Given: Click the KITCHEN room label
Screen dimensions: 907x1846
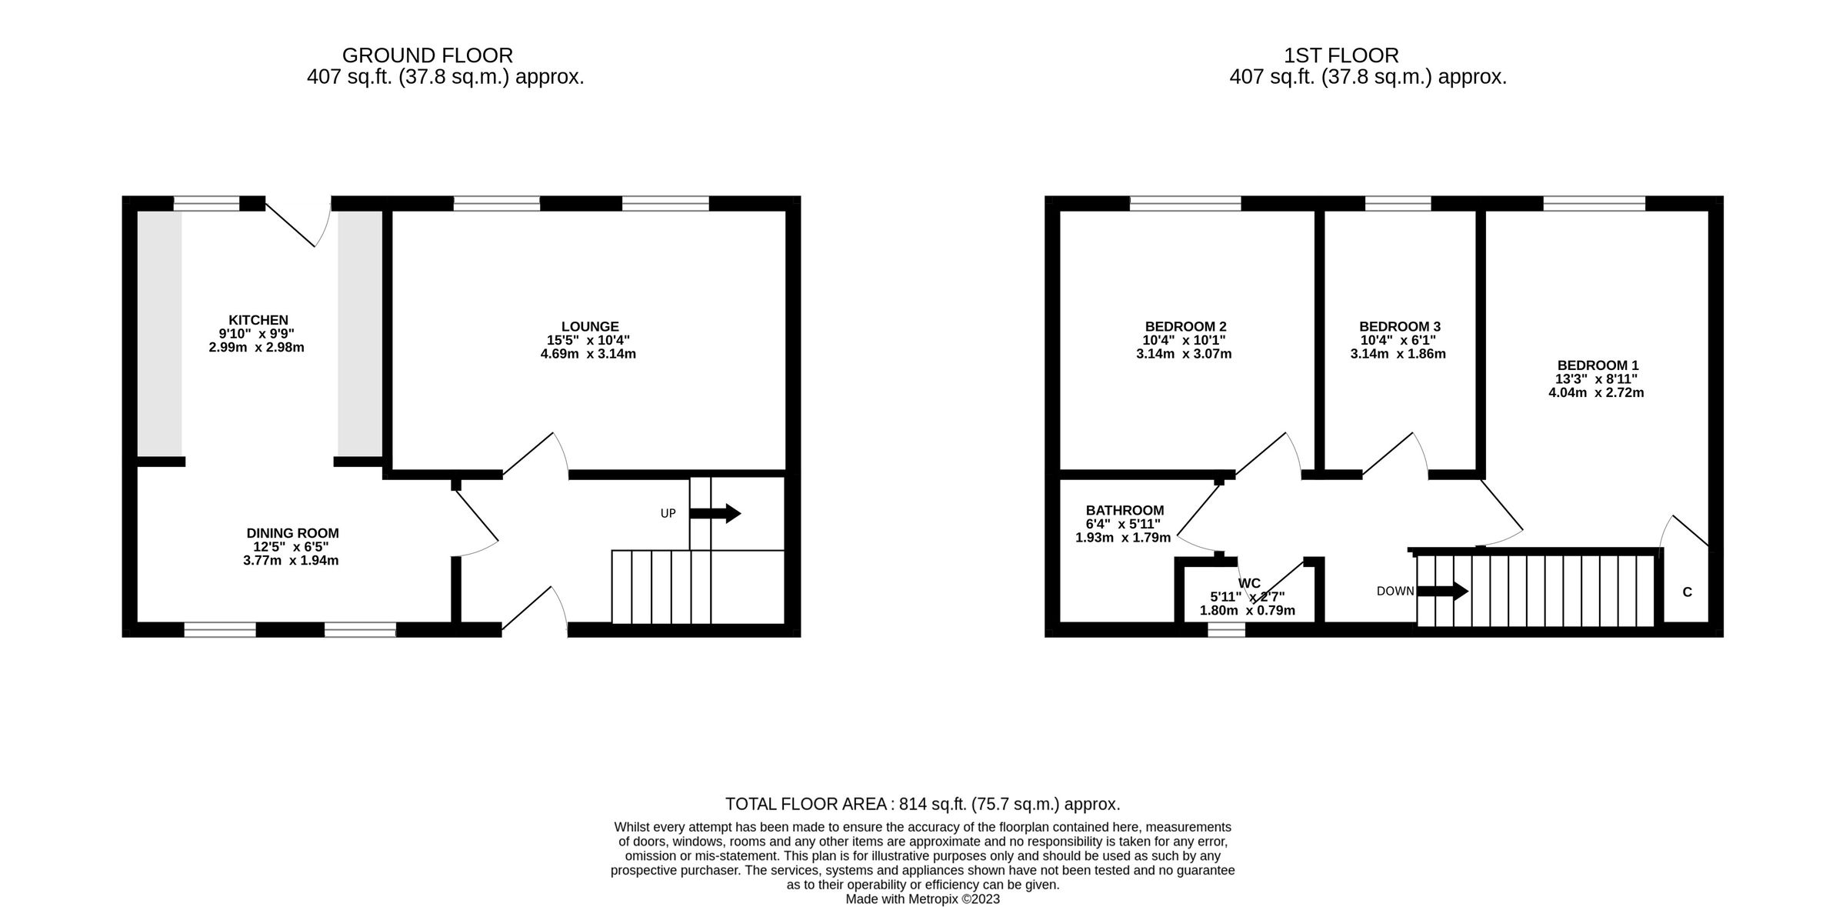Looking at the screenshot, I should (258, 320).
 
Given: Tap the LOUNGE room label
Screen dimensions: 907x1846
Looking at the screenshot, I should (589, 327).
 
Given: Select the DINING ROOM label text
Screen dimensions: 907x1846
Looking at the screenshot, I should (292, 533).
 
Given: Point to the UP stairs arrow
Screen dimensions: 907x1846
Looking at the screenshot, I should (715, 513).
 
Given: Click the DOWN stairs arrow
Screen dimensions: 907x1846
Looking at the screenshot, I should (1442, 591).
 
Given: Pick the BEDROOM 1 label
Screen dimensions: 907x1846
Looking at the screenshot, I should (1596, 365).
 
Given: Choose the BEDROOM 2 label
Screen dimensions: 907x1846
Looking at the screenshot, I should (1185, 327).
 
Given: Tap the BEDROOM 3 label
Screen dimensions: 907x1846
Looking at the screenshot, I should (1398, 327).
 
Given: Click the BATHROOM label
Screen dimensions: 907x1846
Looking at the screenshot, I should (1125, 511).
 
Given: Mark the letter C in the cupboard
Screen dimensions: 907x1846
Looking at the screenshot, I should (1687, 592).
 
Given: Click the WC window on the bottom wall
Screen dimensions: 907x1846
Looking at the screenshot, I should (1226, 630).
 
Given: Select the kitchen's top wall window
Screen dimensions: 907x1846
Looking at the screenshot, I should (206, 203).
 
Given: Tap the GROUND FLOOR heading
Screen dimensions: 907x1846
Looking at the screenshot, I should (427, 55).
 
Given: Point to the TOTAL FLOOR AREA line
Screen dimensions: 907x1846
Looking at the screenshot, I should (922, 804).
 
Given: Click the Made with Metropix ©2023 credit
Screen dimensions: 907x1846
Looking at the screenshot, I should (922, 899).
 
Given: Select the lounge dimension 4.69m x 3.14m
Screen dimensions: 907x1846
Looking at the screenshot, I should (588, 355).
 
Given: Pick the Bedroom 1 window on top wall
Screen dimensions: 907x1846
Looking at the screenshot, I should (1594, 203).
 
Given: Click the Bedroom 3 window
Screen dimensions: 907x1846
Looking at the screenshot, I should (1398, 203).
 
